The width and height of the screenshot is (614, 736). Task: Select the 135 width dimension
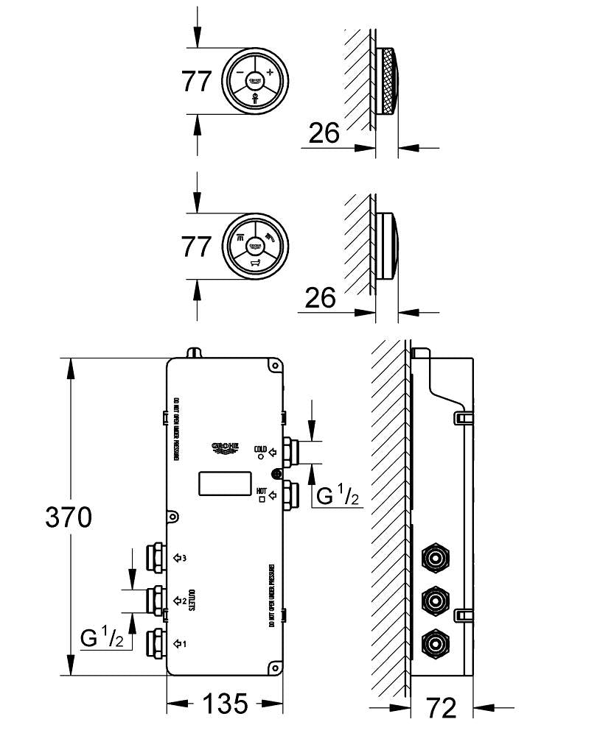(225, 704)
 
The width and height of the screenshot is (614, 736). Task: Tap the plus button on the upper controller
(270, 72)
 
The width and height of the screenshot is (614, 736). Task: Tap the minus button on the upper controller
(240, 72)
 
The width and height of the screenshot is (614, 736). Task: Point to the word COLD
(259, 448)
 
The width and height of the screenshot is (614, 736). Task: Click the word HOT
(261, 490)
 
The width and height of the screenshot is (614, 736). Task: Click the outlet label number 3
(184, 558)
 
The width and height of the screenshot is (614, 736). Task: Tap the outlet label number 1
(184, 643)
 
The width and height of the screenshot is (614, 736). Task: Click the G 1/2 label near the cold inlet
(338, 497)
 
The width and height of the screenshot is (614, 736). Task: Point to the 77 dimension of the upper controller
(197, 81)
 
